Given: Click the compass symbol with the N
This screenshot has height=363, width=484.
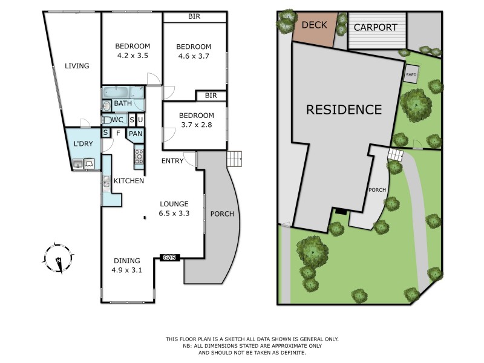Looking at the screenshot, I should click(57, 258).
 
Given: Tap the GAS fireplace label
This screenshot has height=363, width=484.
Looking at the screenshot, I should click(169, 258).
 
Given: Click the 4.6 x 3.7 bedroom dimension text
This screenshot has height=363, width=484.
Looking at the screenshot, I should click(193, 56).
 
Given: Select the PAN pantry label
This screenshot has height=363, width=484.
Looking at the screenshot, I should click(136, 134).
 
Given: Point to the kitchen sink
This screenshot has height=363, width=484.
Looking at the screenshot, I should click(106, 181).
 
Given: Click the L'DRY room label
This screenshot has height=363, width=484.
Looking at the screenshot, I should click(82, 144).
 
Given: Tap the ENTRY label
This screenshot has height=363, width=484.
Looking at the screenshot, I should click(172, 160).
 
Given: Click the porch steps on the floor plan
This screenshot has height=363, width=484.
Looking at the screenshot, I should click(234, 159).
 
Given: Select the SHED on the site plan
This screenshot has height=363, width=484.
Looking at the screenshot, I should click(411, 75).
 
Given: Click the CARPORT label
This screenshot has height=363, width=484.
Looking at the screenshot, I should click(375, 27).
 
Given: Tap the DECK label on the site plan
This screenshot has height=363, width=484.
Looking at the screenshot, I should click(314, 25).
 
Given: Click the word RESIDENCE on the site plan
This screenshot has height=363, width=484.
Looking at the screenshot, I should click(344, 110).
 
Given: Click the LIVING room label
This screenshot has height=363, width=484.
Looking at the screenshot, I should click(77, 66).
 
